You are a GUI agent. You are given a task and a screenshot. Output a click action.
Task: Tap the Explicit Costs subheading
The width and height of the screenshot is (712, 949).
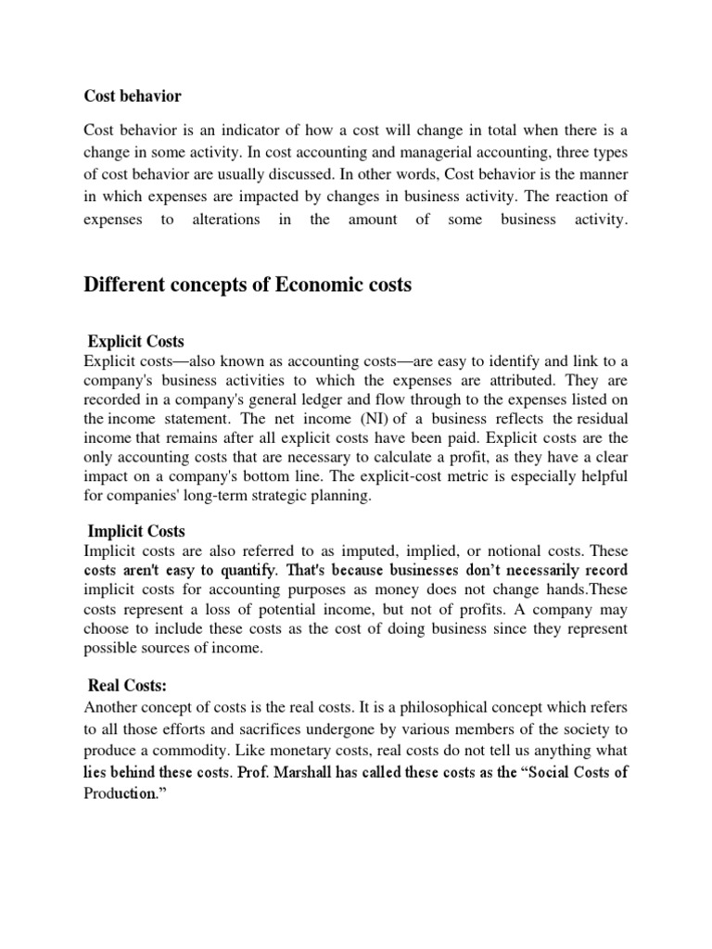tap(142, 341)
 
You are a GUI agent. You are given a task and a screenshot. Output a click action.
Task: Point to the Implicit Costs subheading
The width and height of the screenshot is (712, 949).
tap(136, 531)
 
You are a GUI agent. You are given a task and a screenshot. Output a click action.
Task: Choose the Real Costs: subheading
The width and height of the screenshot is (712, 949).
tap(127, 686)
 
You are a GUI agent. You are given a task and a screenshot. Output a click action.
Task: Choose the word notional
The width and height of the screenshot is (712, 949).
tap(525, 550)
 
